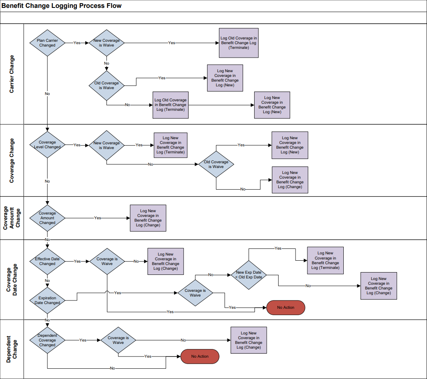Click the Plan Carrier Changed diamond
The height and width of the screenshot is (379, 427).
click(47, 43)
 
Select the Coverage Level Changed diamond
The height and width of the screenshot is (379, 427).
click(47, 145)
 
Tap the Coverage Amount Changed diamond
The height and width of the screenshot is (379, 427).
click(47, 218)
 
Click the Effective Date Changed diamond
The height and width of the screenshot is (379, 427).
click(47, 261)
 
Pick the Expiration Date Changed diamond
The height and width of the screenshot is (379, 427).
click(47, 300)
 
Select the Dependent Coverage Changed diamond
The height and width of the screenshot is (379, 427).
click(47, 340)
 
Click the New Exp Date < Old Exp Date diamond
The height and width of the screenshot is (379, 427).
click(249, 274)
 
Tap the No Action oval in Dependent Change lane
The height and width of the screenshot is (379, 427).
click(200, 356)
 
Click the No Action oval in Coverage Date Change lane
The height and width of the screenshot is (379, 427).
click(286, 307)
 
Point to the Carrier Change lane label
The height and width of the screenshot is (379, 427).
click(12, 74)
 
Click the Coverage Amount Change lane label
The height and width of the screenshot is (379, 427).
click(12, 218)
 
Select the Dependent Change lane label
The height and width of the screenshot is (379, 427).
click(12, 349)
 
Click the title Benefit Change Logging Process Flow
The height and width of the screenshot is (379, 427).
click(62, 6)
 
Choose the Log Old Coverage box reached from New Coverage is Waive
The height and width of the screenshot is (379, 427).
click(239, 43)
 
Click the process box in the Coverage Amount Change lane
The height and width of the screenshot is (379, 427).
click(148, 218)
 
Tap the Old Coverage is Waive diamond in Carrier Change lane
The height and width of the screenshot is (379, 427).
click(107, 85)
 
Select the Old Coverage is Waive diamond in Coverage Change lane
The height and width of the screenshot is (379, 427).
click(216, 164)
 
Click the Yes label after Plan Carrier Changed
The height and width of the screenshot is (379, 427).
click(77, 43)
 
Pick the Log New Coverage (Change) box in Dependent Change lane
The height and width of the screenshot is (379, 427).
click(249, 340)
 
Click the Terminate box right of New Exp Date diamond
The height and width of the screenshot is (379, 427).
click(325, 260)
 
